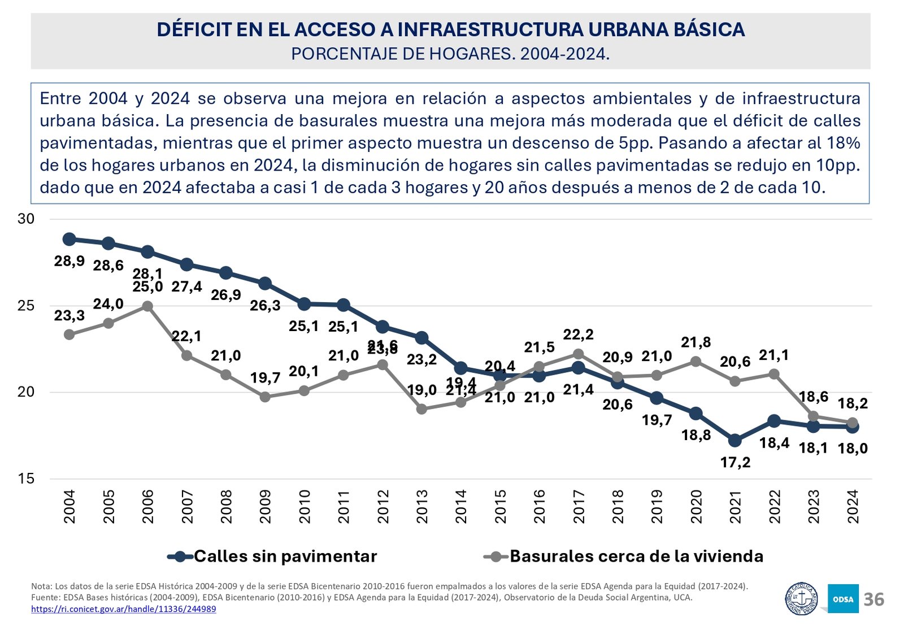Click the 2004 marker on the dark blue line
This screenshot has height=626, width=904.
pyautogui.click(x=69, y=239)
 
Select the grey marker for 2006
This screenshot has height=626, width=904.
pyautogui.click(x=147, y=306)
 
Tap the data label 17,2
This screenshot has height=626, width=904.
pyautogui.click(x=735, y=462)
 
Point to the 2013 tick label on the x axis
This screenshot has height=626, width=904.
pyautogui.click(x=422, y=506)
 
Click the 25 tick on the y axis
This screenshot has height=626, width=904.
pyautogui.click(x=26, y=306)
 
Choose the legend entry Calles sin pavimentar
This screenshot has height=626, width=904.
pyautogui.click(x=273, y=557)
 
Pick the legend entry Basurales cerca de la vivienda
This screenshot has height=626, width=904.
pyautogui.click(x=624, y=557)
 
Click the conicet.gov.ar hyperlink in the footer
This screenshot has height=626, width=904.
pyautogui.click(x=123, y=609)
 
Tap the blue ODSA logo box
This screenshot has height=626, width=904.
pyautogui.click(x=842, y=599)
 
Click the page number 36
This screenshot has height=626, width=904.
pyautogui.click(x=873, y=599)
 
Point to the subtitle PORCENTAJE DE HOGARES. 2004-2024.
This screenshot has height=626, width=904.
pyautogui.click(x=450, y=54)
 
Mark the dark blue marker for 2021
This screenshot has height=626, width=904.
pyautogui.click(x=735, y=440)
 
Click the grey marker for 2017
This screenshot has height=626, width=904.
pyautogui.click(x=578, y=354)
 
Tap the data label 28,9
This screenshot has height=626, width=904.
pyautogui.click(x=69, y=261)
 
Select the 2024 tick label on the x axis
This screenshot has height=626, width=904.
pyautogui.click(x=853, y=506)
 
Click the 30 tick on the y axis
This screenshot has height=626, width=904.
pyautogui.click(x=26, y=219)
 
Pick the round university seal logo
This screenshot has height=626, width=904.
pyautogui.click(x=802, y=599)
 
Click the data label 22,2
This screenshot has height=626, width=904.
pyautogui.click(x=578, y=334)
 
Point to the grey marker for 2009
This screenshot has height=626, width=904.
pyautogui.click(x=265, y=397)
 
